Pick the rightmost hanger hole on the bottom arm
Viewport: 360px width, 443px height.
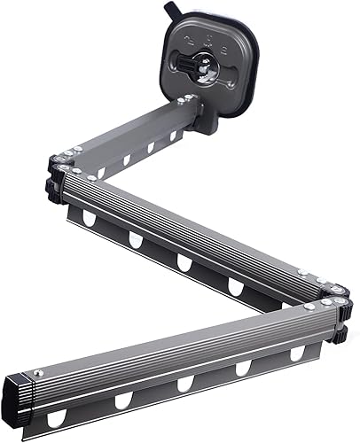297,354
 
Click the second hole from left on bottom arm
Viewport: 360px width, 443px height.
122,400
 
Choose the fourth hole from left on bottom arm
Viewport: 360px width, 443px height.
242,369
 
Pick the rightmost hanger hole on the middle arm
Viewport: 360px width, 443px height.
236,285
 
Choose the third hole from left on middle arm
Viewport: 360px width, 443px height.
184,263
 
